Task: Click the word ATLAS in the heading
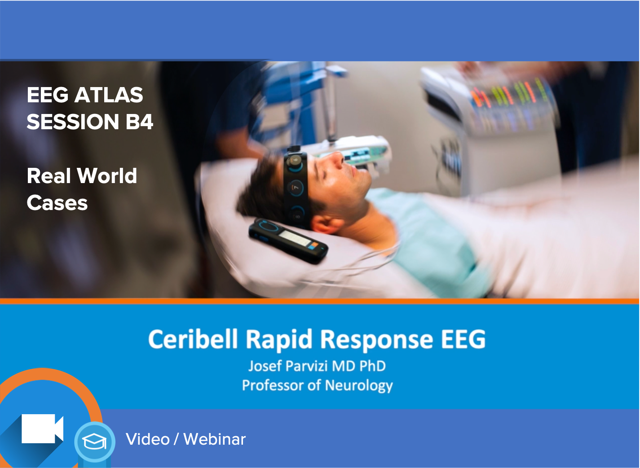point(108,95)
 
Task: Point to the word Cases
point(57,203)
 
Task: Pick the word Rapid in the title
point(278,339)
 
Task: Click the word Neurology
point(358,385)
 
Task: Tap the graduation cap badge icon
point(95,442)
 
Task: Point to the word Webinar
point(215,439)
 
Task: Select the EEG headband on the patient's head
point(295,186)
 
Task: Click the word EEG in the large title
point(463,339)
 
